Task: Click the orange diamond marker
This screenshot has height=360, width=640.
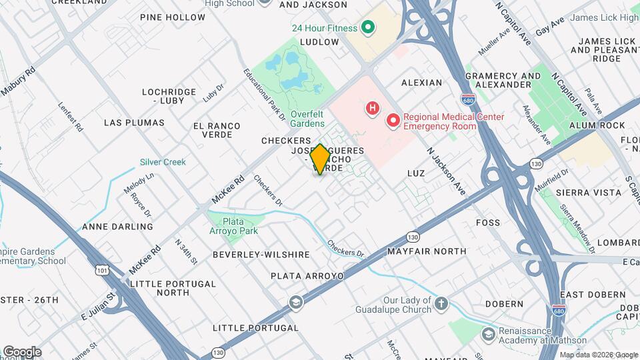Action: pyautogui.click(x=320, y=159)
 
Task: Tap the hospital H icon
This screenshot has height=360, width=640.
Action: pyautogui.click(x=373, y=107)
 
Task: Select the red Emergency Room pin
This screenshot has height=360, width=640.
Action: pyautogui.click(x=393, y=121)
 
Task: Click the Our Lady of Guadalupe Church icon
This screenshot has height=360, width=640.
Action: pyautogui.click(x=441, y=305)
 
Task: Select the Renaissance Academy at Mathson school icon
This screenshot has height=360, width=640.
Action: pyautogui.click(x=488, y=334)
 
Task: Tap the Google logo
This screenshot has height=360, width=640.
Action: pyautogui.click(x=21, y=352)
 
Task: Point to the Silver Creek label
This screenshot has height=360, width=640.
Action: pyautogui.click(x=163, y=162)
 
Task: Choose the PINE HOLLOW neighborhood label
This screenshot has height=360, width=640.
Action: pyautogui.click(x=173, y=17)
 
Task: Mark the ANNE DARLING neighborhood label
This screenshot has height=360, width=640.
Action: pyautogui.click(x=117, y=227)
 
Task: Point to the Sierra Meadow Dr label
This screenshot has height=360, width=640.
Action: pyautogui.click(x=577, y=229)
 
